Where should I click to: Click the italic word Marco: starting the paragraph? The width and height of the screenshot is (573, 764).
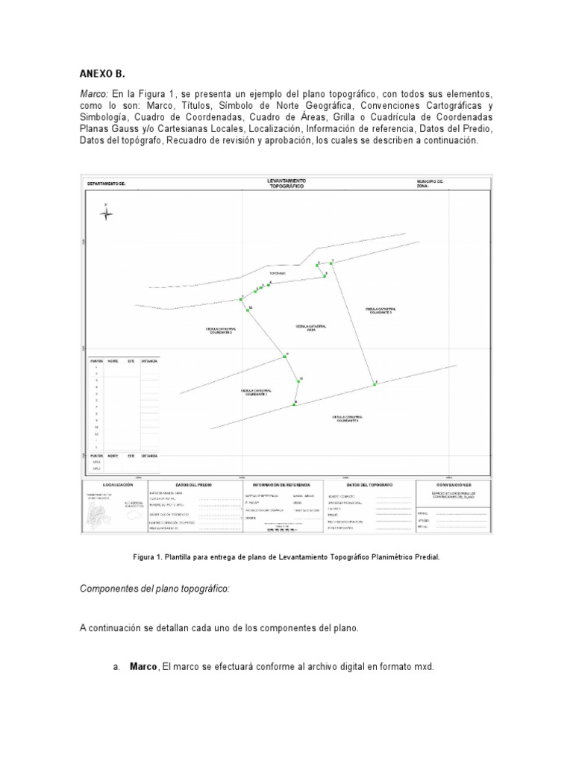click(94, 95)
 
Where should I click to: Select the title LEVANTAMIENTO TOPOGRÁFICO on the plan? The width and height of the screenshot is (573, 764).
click(286, 184)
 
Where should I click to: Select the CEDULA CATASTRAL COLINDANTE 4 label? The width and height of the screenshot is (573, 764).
click(347, 419)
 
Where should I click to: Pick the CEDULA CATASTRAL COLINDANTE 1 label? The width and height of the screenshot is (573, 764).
click(256, 392)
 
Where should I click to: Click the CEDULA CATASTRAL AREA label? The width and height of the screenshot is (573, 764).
click(311, 328)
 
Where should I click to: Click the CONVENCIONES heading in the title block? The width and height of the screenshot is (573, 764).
click(458, 484)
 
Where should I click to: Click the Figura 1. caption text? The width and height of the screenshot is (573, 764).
click(285, 557)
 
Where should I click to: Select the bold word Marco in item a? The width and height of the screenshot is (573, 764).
click(143, 666)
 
